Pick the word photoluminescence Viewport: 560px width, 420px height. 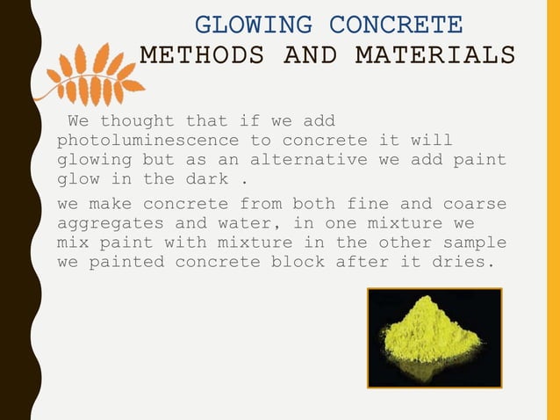tap(147, 141)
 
